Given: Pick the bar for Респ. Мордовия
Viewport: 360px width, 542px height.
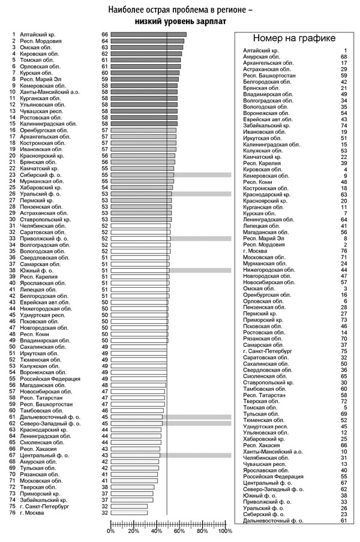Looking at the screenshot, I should click(x=147, y=41).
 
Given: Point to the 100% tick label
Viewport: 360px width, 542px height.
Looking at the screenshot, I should click(x=225, y=531).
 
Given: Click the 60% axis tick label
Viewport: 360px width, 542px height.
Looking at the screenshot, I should click(x=179, y=531).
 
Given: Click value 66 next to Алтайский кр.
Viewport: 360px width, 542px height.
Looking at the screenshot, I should click(x=104, y=35).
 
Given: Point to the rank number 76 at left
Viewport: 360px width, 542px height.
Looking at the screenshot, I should click(x=13, y=513).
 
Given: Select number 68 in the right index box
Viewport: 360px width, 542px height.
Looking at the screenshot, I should click(x=344, y=57).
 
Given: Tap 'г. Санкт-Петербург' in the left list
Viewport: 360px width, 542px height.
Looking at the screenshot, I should click(x=44, y=506).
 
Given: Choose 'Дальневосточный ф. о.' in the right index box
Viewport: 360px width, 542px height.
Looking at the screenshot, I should click(x=273, y=520).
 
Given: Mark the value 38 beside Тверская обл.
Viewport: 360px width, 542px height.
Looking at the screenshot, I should click(x=104, y=487).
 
